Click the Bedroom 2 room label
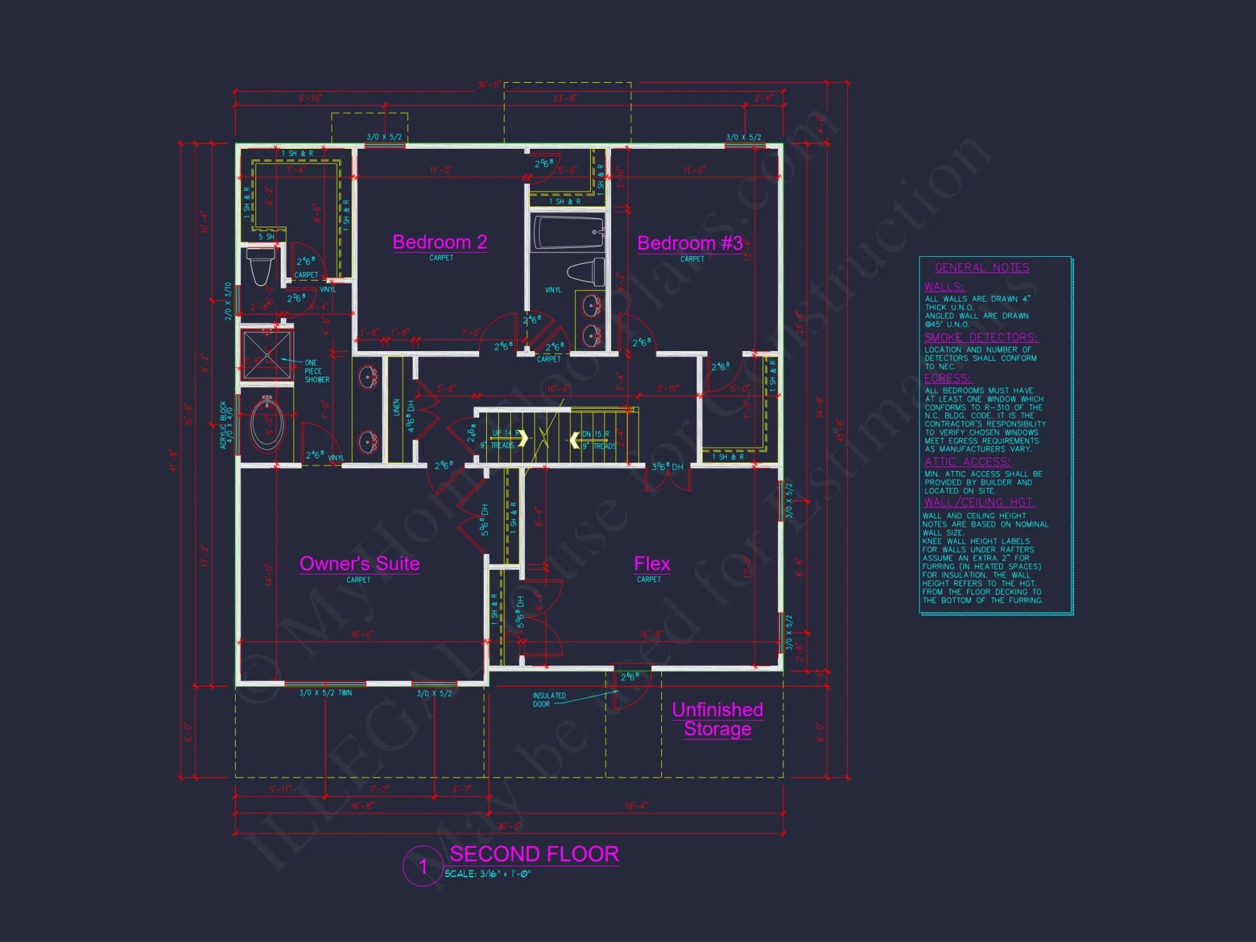440,242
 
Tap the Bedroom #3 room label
690,244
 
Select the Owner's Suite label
359,564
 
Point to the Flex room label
652,564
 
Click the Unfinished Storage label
717,719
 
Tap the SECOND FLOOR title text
534,854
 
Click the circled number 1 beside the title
423,867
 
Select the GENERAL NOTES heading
982,268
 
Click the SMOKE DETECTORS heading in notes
980,338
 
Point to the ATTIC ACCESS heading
967,462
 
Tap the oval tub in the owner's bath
267,425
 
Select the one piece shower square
268,355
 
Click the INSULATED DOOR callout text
549,700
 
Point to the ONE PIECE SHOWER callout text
317,371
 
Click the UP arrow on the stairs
522,438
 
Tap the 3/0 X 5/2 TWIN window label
325,693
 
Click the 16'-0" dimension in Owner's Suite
362,634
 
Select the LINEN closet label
396,407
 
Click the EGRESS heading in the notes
947,379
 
